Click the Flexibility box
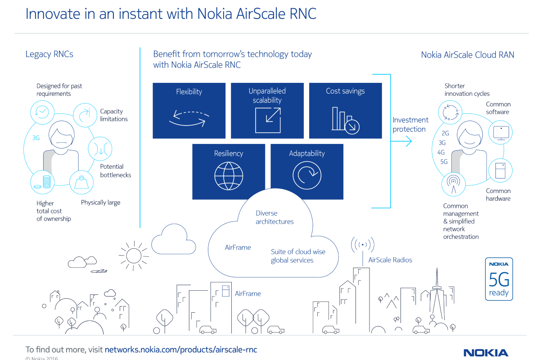[x=189, y=110]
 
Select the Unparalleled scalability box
[x=267, y=110]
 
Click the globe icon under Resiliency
[x=229, y=176]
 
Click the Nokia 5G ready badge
[x=499, y=279]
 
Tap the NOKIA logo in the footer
[x=486, y=352]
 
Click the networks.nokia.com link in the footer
[x=180, y=349]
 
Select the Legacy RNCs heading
[x=49, y=54]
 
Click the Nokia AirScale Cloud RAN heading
[x=468, y=55]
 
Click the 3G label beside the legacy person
[x=36, y=138]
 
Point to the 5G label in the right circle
[x=444, y=162]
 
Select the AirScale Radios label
[x=390, y=260]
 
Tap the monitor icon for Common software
[x=500, y=132]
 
